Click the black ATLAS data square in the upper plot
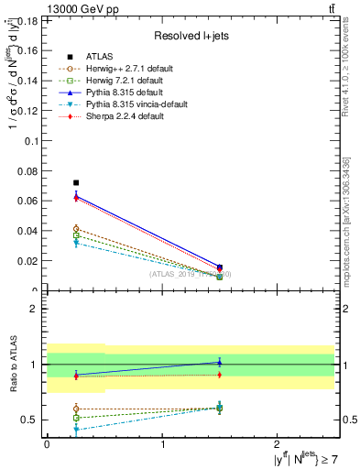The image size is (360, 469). click(76, 183)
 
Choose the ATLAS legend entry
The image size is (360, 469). click(99, 57)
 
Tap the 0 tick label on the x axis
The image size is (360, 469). click(47, 445)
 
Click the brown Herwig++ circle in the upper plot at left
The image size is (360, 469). click(76, 229)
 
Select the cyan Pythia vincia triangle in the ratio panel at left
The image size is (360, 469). click(76, 429)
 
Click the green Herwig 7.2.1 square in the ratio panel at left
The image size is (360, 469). click(76, 418)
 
